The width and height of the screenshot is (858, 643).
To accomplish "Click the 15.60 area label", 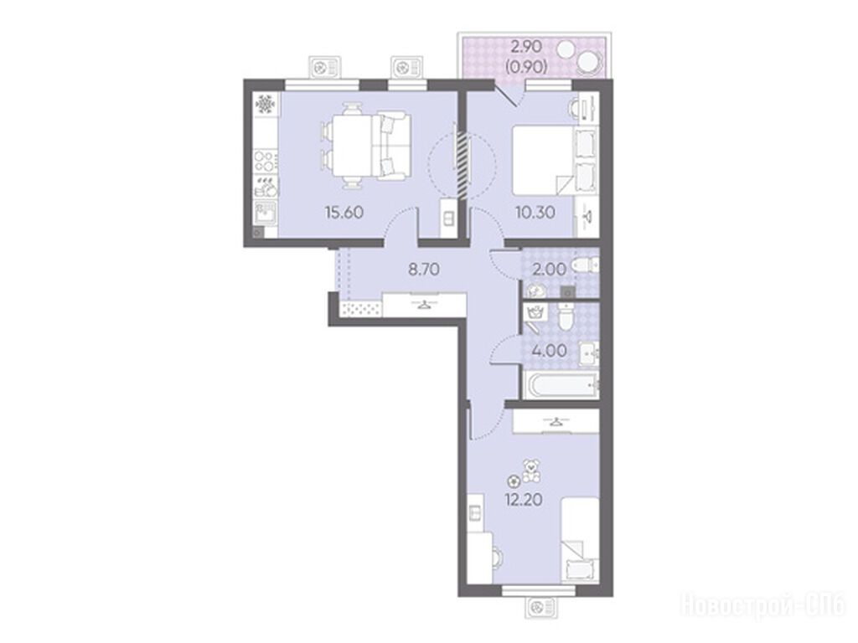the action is (x=344, y=212).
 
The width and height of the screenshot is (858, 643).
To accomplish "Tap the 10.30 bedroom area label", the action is (x=535, y=212).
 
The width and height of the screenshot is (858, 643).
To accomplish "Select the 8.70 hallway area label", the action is (x=424, y=269).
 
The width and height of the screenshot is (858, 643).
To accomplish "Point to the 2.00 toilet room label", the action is (x=550, y=269).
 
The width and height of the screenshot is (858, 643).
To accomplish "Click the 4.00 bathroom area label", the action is (x=550, y=350).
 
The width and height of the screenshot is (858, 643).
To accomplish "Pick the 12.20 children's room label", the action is (x=524, y=500).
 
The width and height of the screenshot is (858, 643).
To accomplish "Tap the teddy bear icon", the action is (x=530, y=471).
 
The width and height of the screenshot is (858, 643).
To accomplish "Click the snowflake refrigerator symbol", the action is (x=266, y=103).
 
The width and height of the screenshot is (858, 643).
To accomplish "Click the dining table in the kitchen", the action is (x=352, y=146).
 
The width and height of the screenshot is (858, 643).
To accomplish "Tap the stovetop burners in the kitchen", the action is (x=265, y=162).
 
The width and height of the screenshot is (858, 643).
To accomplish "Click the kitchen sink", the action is (x=266, y=213).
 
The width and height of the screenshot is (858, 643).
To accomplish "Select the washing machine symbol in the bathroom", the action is (x=535, y=313).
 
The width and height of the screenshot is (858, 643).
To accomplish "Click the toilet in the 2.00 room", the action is (x=583, y=267).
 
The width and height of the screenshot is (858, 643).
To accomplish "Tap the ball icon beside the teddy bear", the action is (x=514, y=481).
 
